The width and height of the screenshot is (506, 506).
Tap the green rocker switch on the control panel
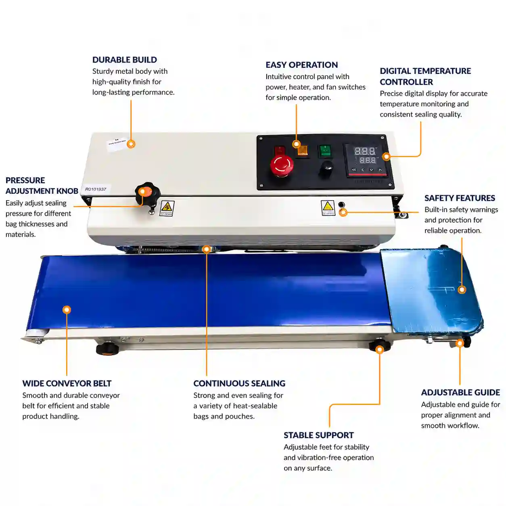(x=325, y=151)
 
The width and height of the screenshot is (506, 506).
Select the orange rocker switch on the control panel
(x=303, y=151)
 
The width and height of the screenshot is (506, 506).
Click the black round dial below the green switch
(x=326, y=169)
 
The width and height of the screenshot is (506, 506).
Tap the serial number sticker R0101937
(x=96, y=189)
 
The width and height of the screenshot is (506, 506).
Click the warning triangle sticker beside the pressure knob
(x=167, y=208)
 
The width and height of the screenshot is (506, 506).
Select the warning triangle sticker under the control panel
(x=328, y=208)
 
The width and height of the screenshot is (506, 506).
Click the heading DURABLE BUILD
(x=124, y=60)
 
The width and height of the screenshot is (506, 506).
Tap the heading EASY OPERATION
(x=301, y=65)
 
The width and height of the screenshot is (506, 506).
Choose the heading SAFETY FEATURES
(x=460, y=198)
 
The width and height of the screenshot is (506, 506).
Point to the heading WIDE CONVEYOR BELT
(x=67, y=383)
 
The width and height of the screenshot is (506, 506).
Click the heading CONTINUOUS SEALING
(x=239, y=383)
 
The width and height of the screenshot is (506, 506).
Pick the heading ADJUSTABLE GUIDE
(x=460, y=392)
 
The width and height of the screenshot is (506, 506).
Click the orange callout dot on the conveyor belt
(x=67, y=310)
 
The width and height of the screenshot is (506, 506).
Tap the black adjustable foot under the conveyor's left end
(x=107, y=349)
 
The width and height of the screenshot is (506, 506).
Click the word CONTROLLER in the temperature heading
(x=406, y=82)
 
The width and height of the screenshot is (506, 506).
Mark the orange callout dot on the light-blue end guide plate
(x=462, y=290)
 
